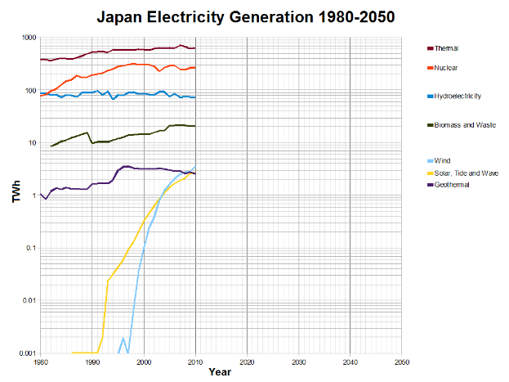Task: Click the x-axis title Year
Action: point(219,372)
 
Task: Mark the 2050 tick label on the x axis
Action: point(401,361)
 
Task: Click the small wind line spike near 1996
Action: point(123,338)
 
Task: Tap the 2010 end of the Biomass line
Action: point(194,126)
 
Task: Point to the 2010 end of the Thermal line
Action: point(194,48)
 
